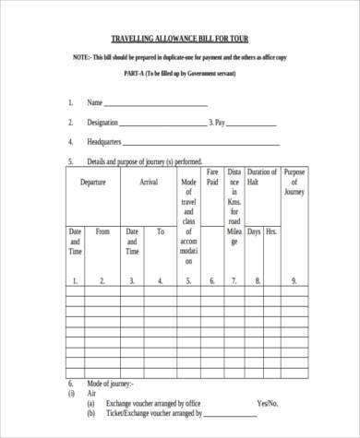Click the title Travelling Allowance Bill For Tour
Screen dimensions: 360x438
[180, 40]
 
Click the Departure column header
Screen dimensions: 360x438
[92, 183]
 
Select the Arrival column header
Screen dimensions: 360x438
[149, 183]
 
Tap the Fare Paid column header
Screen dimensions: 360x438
[212, 177]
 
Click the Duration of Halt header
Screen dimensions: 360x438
[262, 177]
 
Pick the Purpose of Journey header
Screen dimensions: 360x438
[294, 183]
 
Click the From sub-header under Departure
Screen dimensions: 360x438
[103, 231]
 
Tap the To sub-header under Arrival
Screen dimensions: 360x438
[161, 231]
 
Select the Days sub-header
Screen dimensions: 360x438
[254, 231]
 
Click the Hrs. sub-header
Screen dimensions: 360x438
[271, 231]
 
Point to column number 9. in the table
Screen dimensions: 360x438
[294, 280]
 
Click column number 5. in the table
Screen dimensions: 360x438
[189, 280]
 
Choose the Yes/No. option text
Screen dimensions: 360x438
[269, 403]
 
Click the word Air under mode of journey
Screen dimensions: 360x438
[90, 391]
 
